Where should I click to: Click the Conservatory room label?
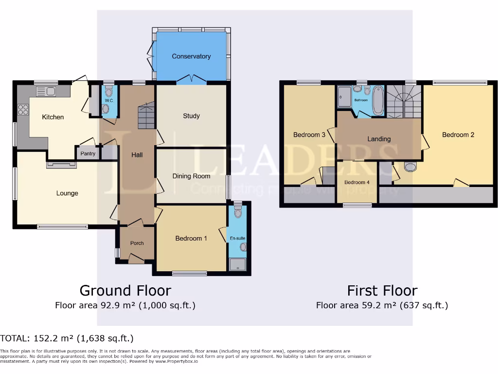coord(191,56)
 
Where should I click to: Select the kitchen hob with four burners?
coord(23,110)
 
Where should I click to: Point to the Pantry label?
coord(88,154)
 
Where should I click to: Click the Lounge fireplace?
coord(61,165)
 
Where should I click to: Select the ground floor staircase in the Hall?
coord(146,117)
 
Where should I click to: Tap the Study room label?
coord(191,116)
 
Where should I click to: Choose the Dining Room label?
coord(191,176)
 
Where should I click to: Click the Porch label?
coord(137,243)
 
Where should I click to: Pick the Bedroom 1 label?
coord(191,239)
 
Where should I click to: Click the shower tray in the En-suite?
coord(237,264)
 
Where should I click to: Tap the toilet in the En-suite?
coord(237,212)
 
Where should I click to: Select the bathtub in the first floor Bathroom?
coord(377,100)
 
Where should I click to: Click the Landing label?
coord(379,139)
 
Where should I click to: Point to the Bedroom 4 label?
coord(357,183)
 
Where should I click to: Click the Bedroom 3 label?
coord(309,135)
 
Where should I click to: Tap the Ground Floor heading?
coord(125,291)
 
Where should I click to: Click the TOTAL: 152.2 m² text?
coord(67,338)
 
